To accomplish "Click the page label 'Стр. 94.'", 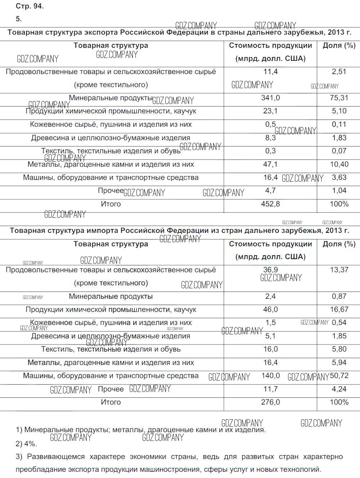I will click(30, 6).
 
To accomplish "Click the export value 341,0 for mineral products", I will click(270, 98).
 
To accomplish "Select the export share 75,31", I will click(339, 98).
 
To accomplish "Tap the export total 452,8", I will click(270, 204).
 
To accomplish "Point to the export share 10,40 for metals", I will click(339, 164).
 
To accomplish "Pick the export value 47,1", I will click(270, 164).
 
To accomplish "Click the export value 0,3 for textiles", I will click(270, 151).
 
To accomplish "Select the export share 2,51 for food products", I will click(339, 72).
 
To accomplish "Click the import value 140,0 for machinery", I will click(270, 376).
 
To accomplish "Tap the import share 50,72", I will click(339, 376).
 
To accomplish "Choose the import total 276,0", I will click(270, 402).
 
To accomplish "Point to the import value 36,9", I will click(270, 270).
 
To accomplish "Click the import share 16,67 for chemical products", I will click(339, 310).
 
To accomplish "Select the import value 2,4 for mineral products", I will click(270, 296).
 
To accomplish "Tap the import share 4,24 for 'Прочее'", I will click(339, 389).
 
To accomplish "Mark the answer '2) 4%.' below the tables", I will click(26, 443).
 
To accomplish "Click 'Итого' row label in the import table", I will click(111, 402).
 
